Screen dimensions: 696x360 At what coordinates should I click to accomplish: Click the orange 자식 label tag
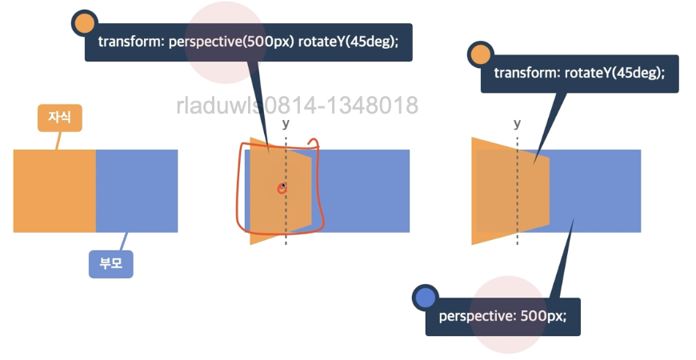click(x=60, y=117)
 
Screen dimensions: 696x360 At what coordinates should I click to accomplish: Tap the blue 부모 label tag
click(x=110, y=263)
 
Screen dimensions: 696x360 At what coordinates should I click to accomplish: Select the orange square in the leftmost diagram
click(x=54, y=190)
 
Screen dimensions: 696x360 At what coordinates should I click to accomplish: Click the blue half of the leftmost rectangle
click(x=137, y=190)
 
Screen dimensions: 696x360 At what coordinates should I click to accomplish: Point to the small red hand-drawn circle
click(x=282, y=188)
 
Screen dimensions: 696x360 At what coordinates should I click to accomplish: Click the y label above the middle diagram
click(x=286, y=124)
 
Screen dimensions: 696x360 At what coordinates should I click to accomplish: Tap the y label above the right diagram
click(x=517, y=123)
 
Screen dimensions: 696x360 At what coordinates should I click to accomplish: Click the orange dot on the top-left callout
click(x=84, y=24)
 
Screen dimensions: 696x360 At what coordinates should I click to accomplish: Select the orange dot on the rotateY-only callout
click(x=480, y=55)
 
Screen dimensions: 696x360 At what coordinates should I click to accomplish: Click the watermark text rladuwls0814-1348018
click(x=297, y=105)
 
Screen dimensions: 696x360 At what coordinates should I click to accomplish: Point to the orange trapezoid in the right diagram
click(x=500, y=190)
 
